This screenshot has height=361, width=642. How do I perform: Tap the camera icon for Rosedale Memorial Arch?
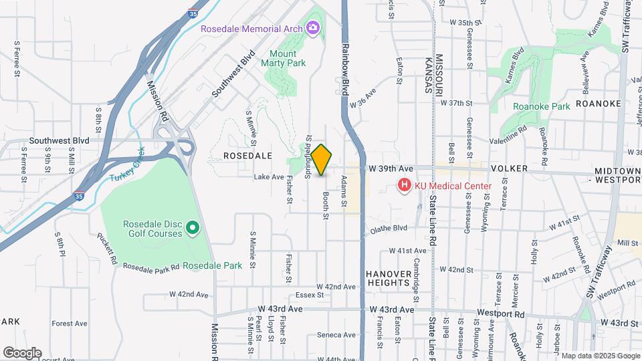point(312,27)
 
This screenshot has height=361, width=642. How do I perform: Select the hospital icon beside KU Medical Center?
point(404,186)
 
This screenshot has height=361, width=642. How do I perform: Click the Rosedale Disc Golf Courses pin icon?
point(193,229)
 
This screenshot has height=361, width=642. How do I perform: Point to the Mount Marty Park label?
point(288,58)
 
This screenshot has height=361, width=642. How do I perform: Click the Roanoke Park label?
point(541,106)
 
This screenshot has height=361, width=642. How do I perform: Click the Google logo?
point(22,352)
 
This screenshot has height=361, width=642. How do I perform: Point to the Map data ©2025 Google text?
point(600,356)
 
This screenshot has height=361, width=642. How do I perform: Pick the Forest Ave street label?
point(70,324)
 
